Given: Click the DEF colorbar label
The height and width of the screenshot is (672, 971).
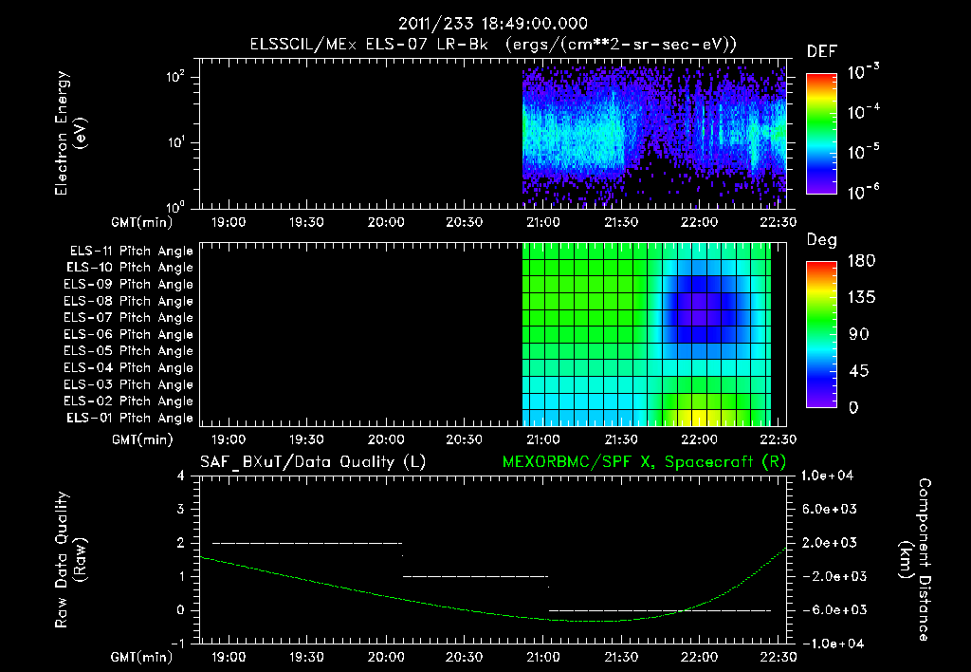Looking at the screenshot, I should click(821, 52).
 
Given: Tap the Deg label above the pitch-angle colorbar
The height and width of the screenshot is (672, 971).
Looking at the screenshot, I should click(821, 240).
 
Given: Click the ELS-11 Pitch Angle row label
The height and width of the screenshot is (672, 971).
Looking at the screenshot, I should click(131, 252).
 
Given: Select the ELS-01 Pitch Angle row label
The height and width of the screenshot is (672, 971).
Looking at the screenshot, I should click(131, 419).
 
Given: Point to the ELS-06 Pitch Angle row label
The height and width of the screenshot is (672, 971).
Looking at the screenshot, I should click(131, 335).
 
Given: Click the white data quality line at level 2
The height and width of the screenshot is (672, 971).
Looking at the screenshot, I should click(307, 543).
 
